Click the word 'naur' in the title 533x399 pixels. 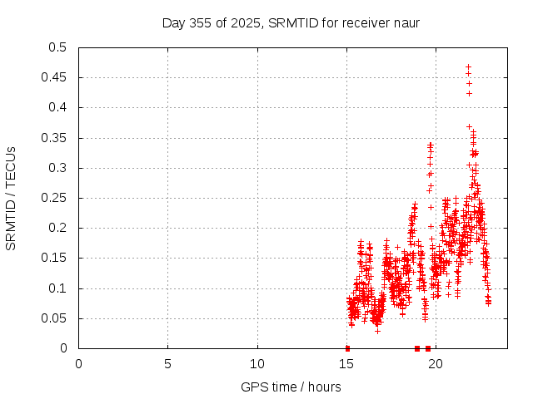click(x=406, y=22)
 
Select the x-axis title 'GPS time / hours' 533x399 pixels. click(x=291, y=387)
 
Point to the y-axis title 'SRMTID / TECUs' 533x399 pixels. click(x=12, y=198)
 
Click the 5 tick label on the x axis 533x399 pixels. click(x=168, y=363)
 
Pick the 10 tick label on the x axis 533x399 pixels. click(x=257, y=363)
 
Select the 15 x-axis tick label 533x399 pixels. click(x=346, y=363)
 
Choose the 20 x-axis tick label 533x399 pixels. click(x=436, y=363)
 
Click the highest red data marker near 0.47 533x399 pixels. click(x=468, y=66)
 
